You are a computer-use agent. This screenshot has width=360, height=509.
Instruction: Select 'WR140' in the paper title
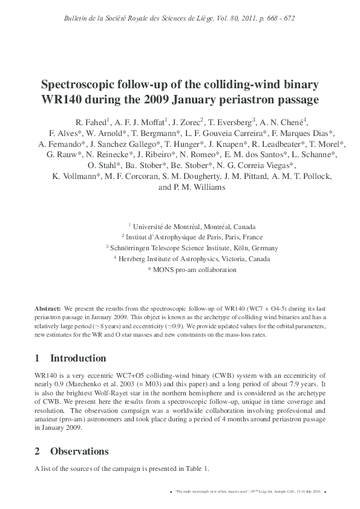point(64,98)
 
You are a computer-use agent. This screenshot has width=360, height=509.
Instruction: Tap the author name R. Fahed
point(93,120)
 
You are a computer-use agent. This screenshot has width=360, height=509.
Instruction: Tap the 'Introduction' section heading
point(78,358)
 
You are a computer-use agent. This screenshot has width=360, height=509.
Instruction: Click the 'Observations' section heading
point(80,451)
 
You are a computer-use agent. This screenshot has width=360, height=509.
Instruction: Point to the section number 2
point(38,451)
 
